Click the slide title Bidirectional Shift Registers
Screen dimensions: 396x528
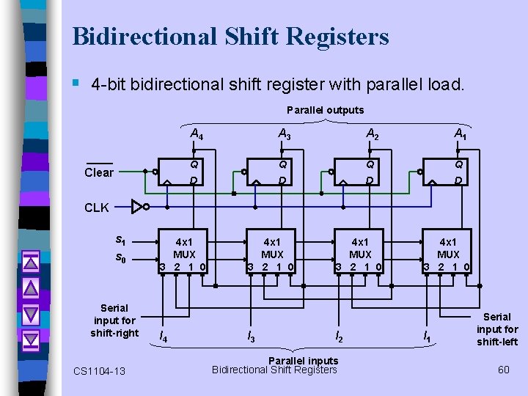coord(230,36)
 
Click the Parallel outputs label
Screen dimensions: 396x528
coord(325,110)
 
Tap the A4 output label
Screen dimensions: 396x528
coord(197,134)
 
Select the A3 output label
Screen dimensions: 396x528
coord(284,134)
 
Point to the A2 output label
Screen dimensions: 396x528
coord(373,134)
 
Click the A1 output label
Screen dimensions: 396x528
coord(461,134)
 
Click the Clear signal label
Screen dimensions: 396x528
coord(99,172)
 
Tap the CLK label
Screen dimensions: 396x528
coord(97,208)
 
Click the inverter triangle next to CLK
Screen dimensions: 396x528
coord(137,207)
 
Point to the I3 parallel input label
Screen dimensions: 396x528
coord(251,337)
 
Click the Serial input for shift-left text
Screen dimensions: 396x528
coord(497,329)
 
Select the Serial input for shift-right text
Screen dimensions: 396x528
coord(114,320)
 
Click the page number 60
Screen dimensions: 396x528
coord(503,369)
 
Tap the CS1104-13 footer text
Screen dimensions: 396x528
coord(99,371)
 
